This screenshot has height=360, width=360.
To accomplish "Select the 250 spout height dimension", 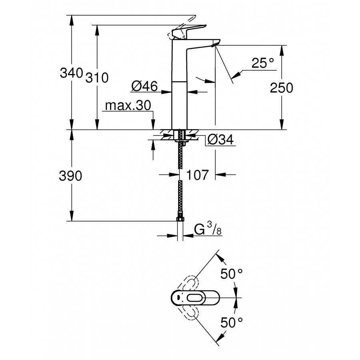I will tap(281, 88).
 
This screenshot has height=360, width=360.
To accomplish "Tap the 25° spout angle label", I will tap(263, 63).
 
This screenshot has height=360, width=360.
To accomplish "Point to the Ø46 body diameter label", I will tap(144, 86).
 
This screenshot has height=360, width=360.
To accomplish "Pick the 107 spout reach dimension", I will tap(198, 175).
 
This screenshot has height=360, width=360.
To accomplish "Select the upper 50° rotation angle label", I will tap(232, 275).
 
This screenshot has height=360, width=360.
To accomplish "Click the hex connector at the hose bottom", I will tap(180, 219).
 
